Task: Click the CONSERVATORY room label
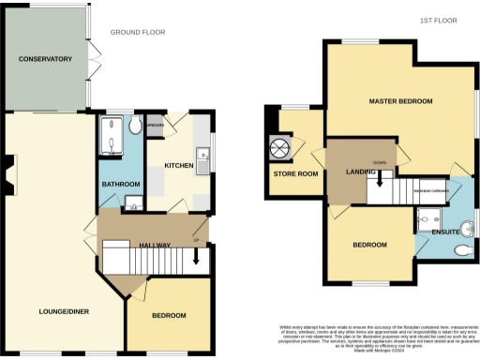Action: pyautogui.click(x=45, y=59)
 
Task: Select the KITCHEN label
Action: pyautogui.click(x=179, y=166)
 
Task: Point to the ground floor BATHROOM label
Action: pyautogui.click(x=121, y=184)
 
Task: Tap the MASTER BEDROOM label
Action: pyautogui.click(x=400, y=100)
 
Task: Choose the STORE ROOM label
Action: pyautogui.click(x=291, y=175)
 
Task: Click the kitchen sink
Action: pyautogui.click(x=202, y=156)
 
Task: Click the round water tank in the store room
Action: pyautogui.click(x=281, y=148)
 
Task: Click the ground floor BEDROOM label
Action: pyautogui.click(x=169, y=315)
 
